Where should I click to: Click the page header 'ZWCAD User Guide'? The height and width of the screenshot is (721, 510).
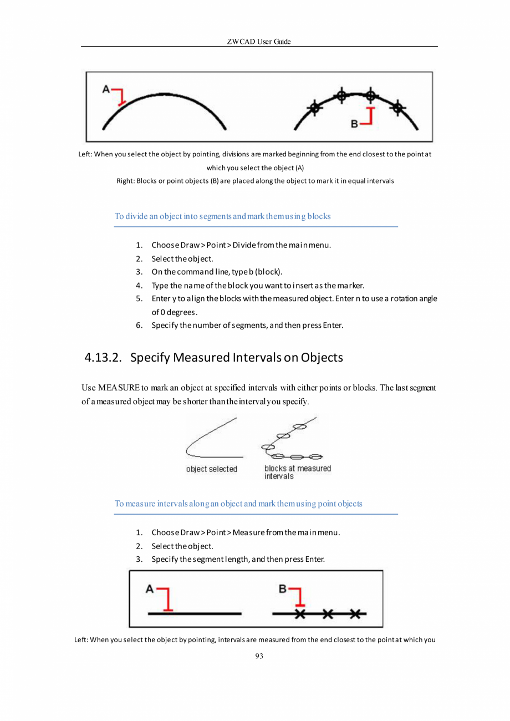pos(259,42)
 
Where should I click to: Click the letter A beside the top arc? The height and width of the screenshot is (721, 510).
pos(106,88)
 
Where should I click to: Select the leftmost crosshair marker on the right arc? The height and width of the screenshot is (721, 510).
pos(315,107)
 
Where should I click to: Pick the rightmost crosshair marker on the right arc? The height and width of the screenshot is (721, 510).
pos(397,107)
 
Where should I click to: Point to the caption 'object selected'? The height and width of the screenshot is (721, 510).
pos(211,469)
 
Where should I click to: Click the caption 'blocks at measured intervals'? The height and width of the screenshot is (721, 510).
pos(297,472)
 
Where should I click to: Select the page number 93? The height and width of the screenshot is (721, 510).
pos(259,656)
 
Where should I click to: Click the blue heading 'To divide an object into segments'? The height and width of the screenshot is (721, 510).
pos(222,216)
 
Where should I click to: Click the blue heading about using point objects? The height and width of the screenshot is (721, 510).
pos(238,504)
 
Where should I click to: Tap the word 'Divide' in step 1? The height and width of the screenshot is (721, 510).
pos(244,245)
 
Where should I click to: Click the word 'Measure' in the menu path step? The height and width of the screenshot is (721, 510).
pos(248,533)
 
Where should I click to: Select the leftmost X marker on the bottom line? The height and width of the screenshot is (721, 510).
pos(300,613)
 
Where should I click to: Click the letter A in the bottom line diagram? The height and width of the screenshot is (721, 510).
pos(149,589)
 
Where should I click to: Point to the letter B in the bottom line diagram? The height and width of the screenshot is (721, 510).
pos(282,589)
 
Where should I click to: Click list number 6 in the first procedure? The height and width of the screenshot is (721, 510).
pos(139,325)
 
